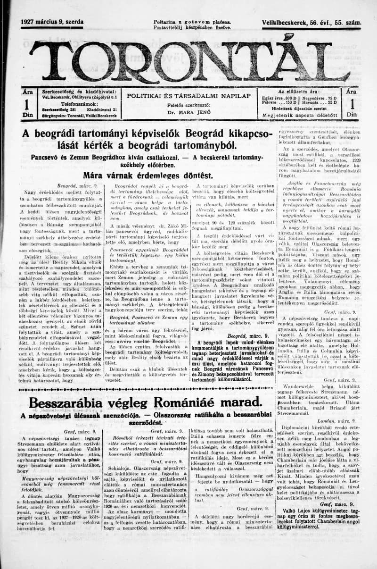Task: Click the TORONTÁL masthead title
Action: pyautogui.click(x=188, y=61)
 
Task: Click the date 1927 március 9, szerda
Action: pyautogui.click(x=52, y=22)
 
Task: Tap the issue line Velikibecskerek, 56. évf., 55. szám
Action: pyautogui.click(x=311, y=23)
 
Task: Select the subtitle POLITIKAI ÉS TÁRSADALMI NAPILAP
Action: pyautogui.click(x=188, y=96)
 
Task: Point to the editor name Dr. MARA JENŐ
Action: pyautogui.click(x=188, y=113)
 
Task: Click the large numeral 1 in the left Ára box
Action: pyautogui.click(x=27, y=104)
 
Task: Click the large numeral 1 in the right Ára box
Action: pyautogui.click(x=351, y=104)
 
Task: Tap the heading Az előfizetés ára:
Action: pyautogui.click(x=299, y=91)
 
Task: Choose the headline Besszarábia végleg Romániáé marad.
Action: pyautogui.click(x=146, y=402)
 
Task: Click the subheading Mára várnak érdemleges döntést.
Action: pyautogui.click(x=146, y=175)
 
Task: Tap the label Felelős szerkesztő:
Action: pyautogui.click(x=188, y=105)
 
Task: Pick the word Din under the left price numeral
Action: pyautogui.click(x=27, y=115)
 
